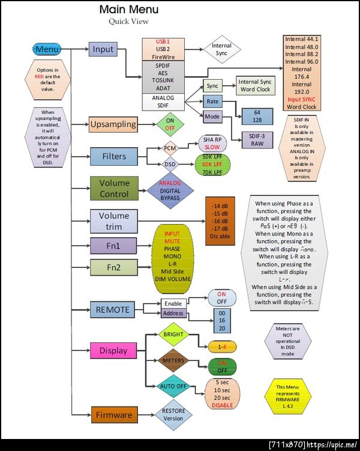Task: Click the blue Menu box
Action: [48, 49]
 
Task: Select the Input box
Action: [103, 49]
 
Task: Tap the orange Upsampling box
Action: [113, 125]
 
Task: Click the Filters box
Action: [113, 156]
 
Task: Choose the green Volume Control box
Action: [113, 188]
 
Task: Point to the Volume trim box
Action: [113, 220]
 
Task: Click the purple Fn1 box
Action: [113, 246]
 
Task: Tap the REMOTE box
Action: [112, 310]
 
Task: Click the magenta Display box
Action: [113, 350]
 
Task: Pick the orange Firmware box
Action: [113, 414]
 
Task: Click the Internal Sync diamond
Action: [221, 49]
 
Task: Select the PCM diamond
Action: [169, 147]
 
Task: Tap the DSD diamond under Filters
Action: [169, 163]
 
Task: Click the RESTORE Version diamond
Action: [174, 414]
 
